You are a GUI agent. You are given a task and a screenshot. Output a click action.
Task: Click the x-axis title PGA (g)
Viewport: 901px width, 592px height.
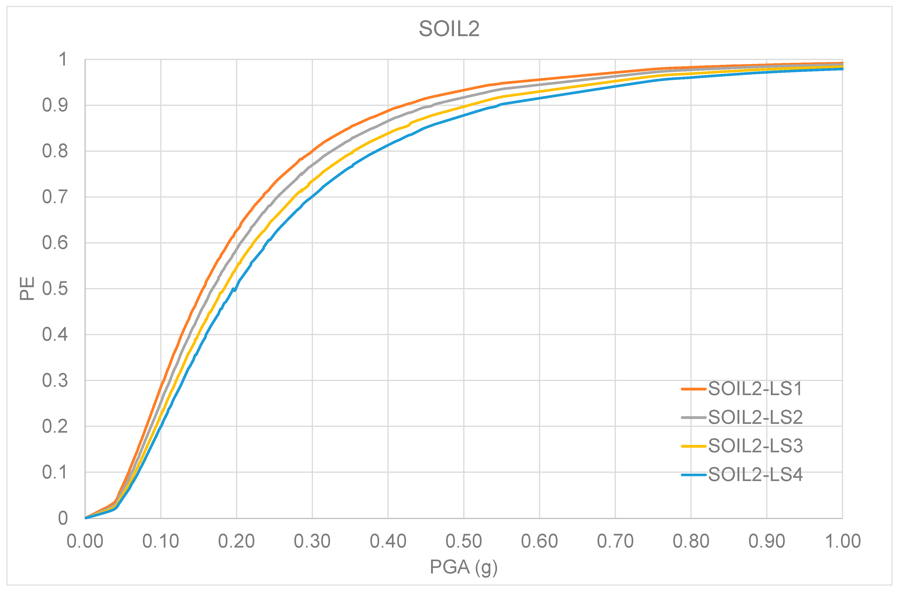pyautogui.click(x=463, y=567)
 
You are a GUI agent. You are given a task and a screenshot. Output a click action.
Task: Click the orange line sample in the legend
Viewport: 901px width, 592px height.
pyautogui.click(x=693, y=389)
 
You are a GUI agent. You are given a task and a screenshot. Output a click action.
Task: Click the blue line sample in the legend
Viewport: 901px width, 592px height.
pyautogui.click(x=693, y=475)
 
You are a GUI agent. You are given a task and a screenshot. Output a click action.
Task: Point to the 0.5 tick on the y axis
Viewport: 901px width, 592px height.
pyautogui.click(x=55, y=289)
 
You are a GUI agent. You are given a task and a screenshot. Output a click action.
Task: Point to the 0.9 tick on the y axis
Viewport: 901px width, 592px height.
pyautogui.click(x=55, y=105)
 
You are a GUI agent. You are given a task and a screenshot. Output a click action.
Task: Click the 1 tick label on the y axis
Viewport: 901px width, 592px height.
pyautogui.click(x=63, y=60)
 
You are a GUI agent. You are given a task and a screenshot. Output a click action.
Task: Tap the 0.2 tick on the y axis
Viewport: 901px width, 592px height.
pyautogui.click(x=55, y=426)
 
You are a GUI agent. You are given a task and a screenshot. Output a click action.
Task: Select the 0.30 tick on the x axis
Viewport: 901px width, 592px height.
pyautogui.click(x=312, y=541)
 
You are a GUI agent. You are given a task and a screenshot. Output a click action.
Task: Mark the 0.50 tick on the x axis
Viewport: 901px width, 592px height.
pyautogui.click(x=463, y=541)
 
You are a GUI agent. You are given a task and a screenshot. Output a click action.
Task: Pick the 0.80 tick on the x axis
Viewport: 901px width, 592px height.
pyautogui.click(x=691, y=541)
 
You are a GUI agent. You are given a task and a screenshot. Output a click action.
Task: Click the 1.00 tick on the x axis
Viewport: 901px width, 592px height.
pyautogui.click(x=842, y=541)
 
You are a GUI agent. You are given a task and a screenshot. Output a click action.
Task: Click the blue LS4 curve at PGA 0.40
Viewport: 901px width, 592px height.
pyautogui.click(x=388, y=145)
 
